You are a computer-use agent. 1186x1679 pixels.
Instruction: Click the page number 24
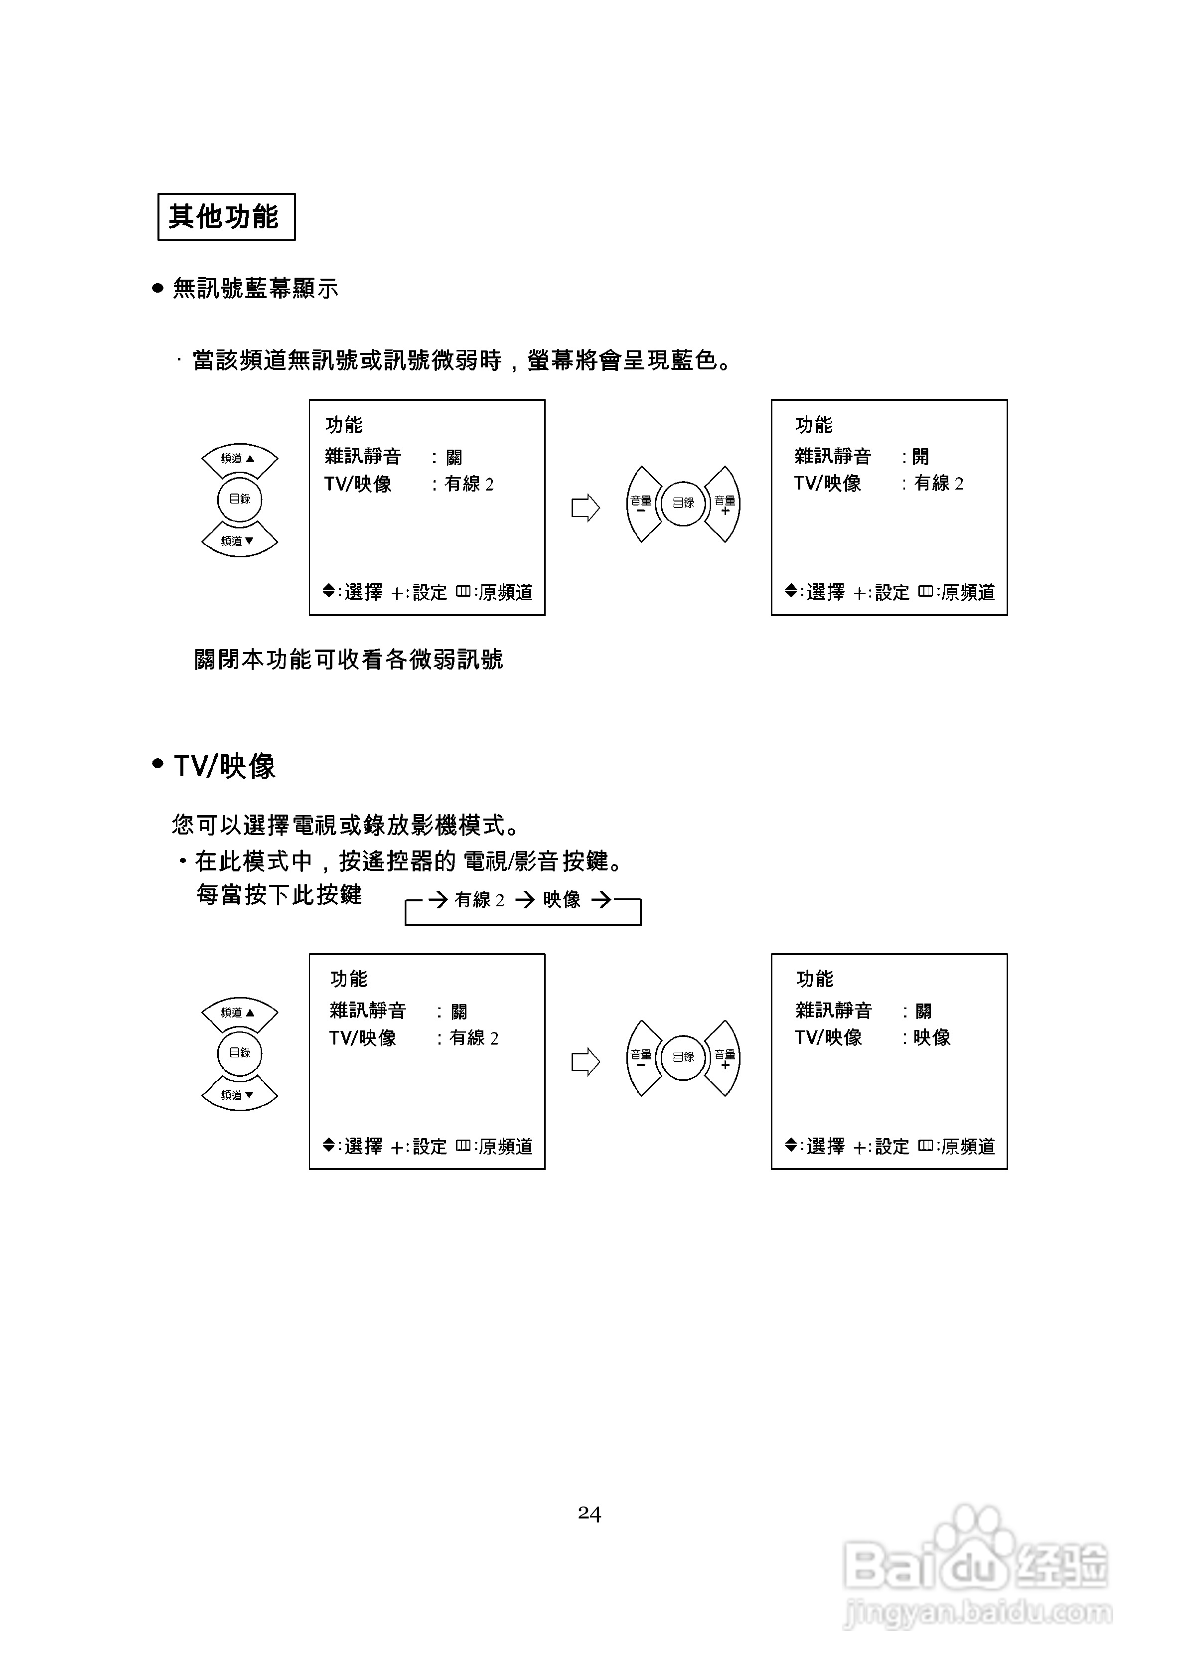pos(590,1513)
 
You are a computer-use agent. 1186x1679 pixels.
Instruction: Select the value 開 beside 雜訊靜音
pos(920,457)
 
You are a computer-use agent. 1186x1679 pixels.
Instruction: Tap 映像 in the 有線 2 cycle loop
pos(562,899)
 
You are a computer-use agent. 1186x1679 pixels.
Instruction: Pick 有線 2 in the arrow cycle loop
pos(480,899)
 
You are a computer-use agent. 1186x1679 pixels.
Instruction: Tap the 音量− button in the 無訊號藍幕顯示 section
pos(641,504)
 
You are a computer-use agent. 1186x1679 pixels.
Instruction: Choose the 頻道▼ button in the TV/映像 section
pos(239,1095)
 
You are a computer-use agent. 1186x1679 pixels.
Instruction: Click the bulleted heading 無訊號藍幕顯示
pos(255,289)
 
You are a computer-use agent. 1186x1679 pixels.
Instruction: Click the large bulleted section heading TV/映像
pos(224,766)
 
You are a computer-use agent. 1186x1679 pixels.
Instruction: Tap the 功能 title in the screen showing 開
pos(813,425)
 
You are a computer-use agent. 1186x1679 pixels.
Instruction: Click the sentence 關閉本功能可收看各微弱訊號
pos(349,660)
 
